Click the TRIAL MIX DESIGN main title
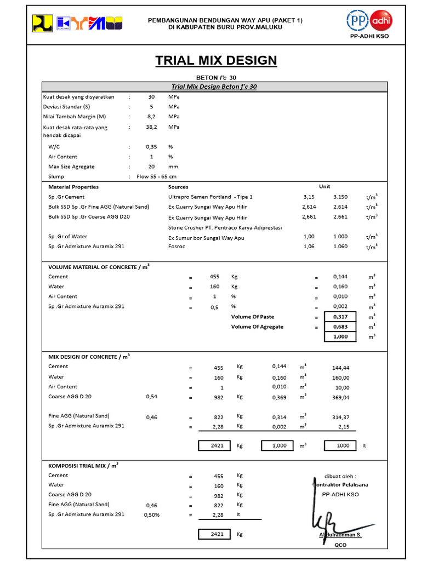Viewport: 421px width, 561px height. coord(216,60)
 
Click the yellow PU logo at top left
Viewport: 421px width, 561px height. coord(42,22)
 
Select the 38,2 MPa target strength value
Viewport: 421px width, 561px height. coord(151,127)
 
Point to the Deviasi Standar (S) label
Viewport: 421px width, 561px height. coord(67,107)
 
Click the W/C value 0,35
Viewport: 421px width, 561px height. coord(151,147)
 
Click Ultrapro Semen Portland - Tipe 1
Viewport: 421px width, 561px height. coord(210,197)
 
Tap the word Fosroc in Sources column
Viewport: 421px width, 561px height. coord(177,247)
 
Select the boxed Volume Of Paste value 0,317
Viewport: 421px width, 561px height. coord(340,317)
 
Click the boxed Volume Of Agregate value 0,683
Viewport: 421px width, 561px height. coord(340,327)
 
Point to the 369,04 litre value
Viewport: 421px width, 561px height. coord(340,397)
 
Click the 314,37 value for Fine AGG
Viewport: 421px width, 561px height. coord(340,417)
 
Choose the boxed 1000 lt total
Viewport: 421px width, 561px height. coord(343,445)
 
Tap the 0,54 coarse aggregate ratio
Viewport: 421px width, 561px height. coord(151,396)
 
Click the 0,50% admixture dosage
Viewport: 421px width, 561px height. coord(152,514)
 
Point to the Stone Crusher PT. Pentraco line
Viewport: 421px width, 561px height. coord(225,227)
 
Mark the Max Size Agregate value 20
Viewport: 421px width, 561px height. coord(151,167)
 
